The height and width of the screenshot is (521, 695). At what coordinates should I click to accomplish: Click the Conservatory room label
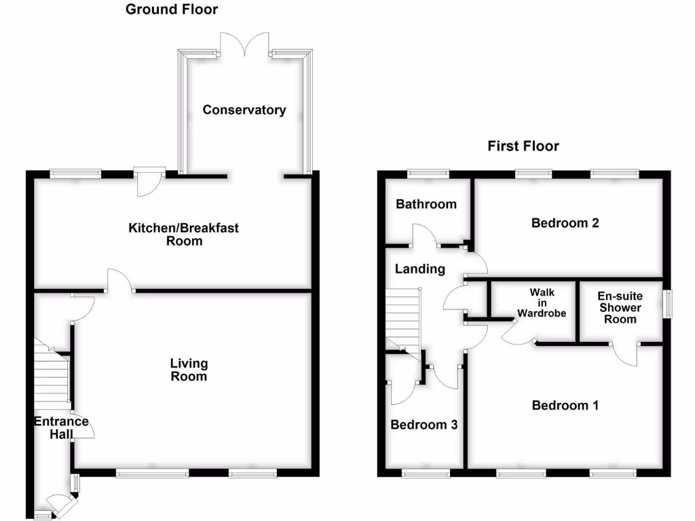pyautogui.click(x=244, y=110)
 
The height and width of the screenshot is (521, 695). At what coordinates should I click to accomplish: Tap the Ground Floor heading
pyautogui.click(x=172, y=9)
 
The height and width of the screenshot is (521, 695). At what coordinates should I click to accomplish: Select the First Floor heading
pyautogui.click(x=523, y=146)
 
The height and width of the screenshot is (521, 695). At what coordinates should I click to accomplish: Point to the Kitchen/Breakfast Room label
pyautogui.click(x=184, y=234)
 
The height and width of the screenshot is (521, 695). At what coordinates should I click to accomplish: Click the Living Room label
pyautogui.click(x=189, y=370)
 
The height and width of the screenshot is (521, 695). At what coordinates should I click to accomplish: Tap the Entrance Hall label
pyautogui.click(x=62, y=427)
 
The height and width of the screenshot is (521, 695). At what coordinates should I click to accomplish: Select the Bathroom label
pyautogui.click(x=426, y=204)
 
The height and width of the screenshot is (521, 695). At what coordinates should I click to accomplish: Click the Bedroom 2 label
pyautogui.click(x=565, y=223)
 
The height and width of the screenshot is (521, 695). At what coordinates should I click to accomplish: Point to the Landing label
pyautogui.click(x=420, y=269)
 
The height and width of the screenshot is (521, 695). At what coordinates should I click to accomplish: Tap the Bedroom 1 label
pyautogui.click(x=565, y=405)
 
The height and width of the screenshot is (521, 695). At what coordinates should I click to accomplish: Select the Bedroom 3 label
pyautogui.click(x=424, y=425)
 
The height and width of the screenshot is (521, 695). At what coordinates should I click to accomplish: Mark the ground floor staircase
pyautogui.click(x=52, y=377)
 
